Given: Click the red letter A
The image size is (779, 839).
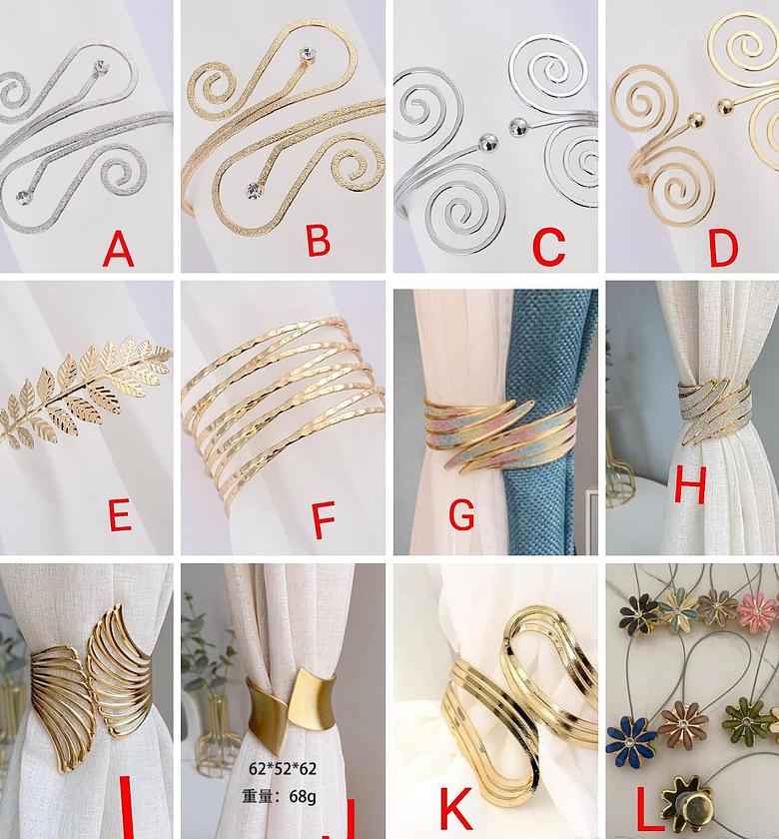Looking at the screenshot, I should point(118,248).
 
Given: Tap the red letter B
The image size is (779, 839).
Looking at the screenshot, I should point(318,240).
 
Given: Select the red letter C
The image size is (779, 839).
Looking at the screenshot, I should point(548,246).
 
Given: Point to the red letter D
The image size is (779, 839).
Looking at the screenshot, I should point(722,246).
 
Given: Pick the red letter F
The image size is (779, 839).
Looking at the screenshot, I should point(323,519).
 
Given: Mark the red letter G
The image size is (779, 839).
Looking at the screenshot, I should point(461,514).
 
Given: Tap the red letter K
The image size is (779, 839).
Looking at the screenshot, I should point(456,802).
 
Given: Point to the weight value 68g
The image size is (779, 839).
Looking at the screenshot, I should point(300,795).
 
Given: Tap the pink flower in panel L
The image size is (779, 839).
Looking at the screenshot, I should point(756,611).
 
